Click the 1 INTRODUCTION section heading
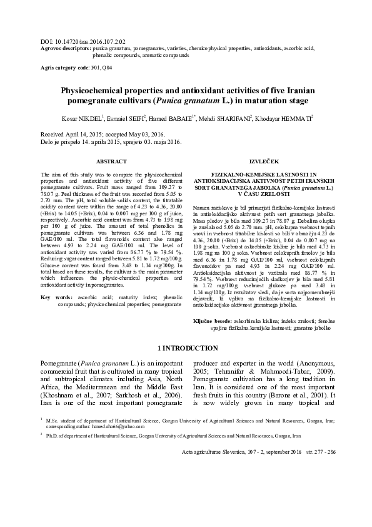[x=186, y=348]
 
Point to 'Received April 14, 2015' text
[x=72, y=135]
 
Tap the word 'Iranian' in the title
[x=298, y=91]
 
